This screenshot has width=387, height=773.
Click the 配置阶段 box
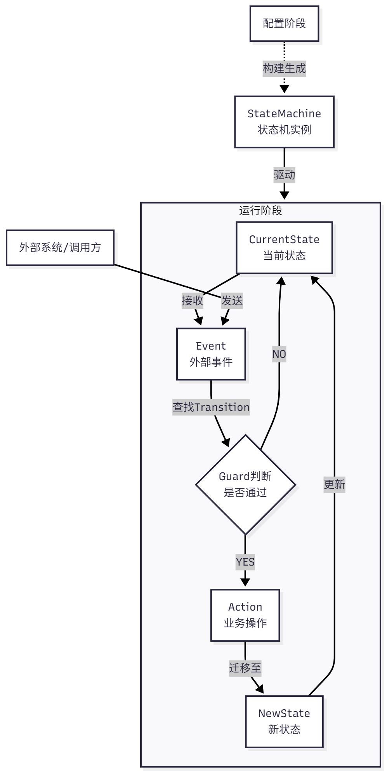coord(284,24)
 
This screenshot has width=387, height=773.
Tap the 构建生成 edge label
coord(284,69)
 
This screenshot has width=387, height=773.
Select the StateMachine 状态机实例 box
coord(284,122)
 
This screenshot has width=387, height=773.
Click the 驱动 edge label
coord(284,175)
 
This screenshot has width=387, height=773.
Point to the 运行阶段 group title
coord(260,211)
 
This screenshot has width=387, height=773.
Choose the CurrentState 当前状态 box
coord(284,247)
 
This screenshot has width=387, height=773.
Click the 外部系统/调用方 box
coord(60,247)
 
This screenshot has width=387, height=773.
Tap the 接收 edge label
coord(193,301)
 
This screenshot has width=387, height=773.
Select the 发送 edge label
coord(232,301)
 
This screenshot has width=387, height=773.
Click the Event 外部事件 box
coord(211,354)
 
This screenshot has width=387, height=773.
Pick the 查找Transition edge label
coord(211,407)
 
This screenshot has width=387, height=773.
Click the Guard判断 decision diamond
coord(245,484)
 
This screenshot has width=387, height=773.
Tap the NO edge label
coord(279,354)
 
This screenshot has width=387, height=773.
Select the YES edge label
coord(245,562)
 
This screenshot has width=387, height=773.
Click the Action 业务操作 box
coord(245,615)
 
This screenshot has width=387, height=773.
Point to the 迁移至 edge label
coord(245,668)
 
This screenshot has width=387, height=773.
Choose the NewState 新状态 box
coord(284,721)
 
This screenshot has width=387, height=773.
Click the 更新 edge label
coord(334,484)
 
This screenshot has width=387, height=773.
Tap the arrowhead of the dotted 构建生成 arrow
coord(284,89)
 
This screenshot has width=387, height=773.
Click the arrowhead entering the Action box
coord(245,582)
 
